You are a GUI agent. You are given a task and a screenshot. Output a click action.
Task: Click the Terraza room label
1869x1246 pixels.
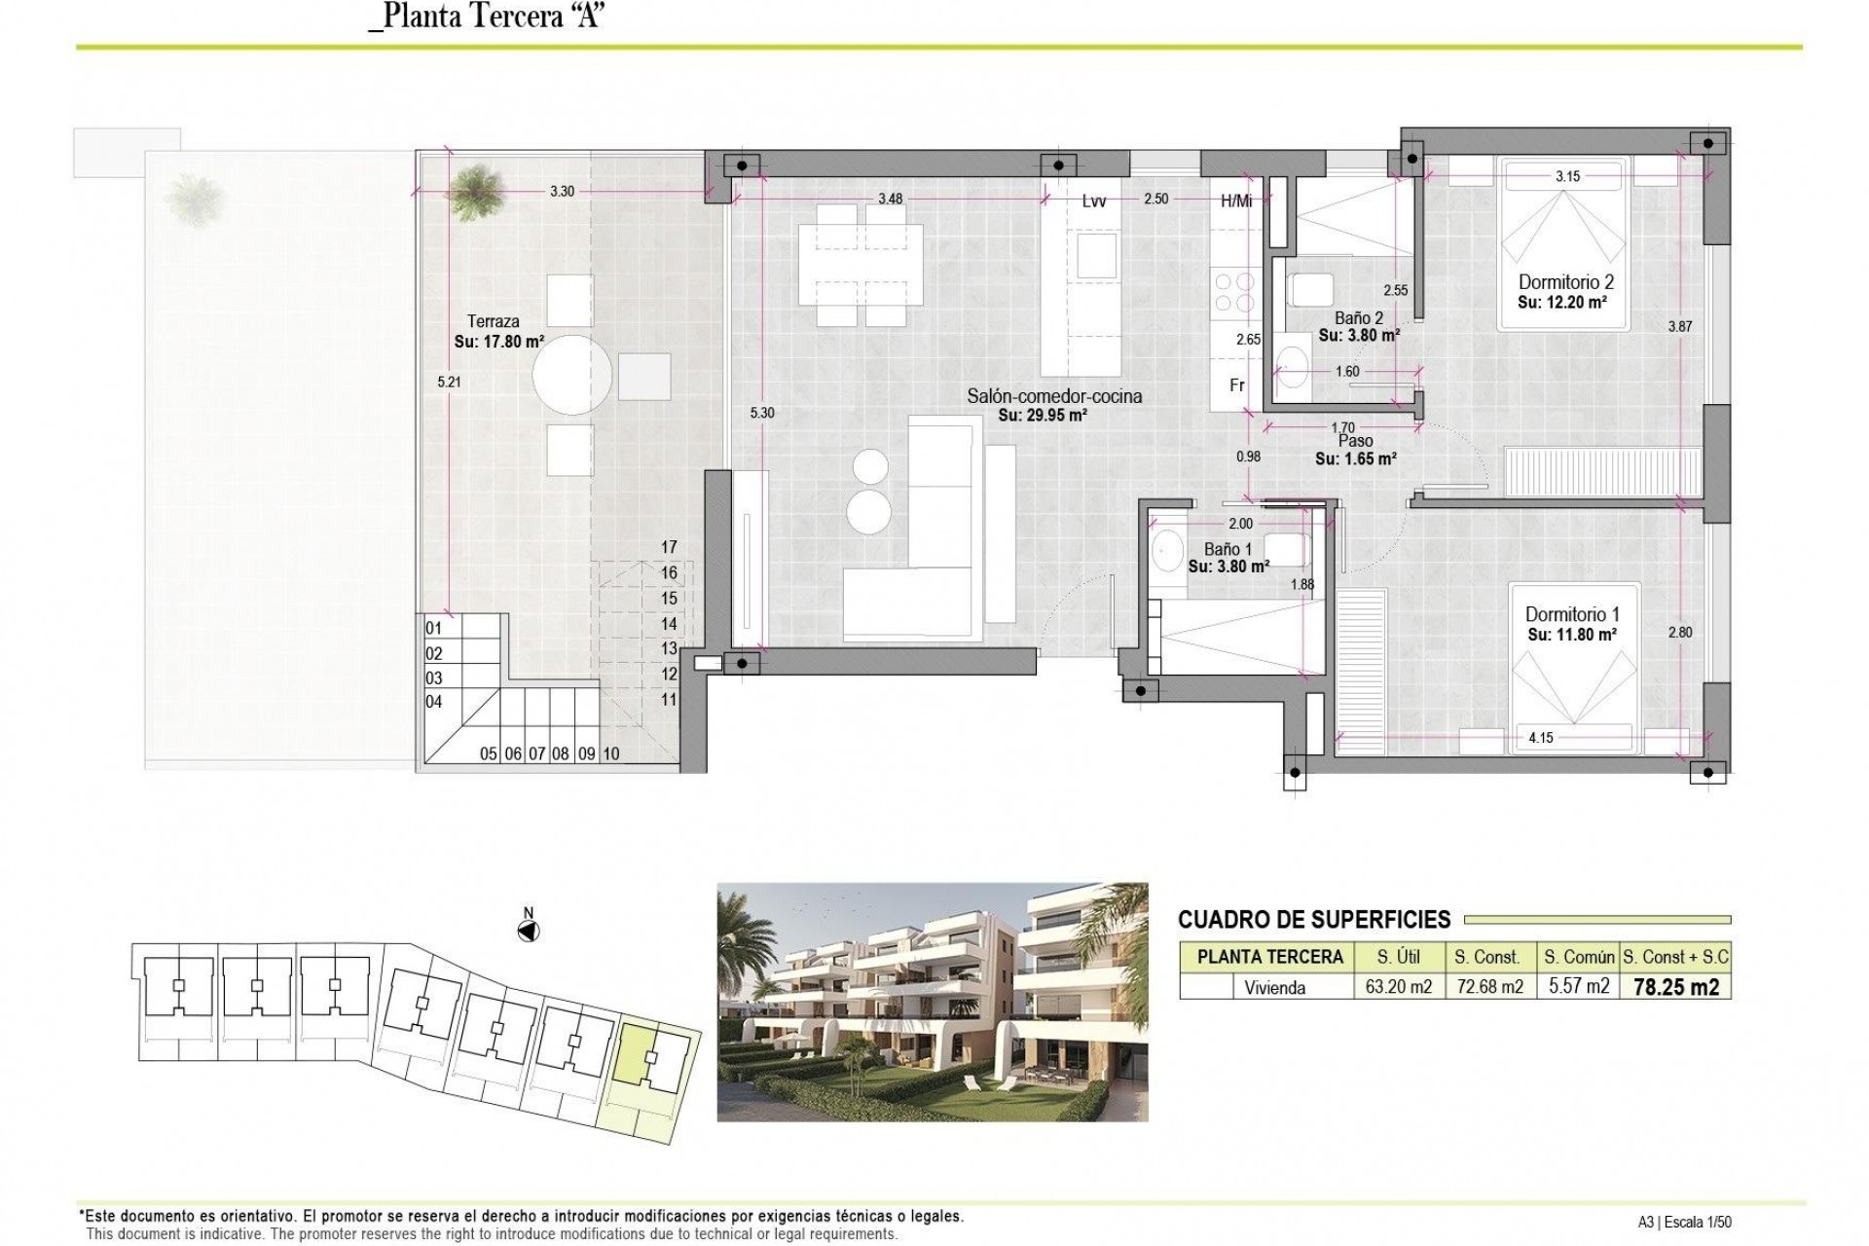tap(493, 321)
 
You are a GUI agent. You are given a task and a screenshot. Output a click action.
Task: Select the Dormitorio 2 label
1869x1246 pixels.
tap(1566, 282)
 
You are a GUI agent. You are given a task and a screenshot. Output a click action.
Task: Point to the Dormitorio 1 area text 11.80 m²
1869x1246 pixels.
tap(1572, 635)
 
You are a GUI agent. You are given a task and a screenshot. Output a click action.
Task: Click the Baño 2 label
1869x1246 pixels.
tap(1359, 318)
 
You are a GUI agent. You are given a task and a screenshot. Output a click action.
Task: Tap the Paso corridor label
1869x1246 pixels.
tap(1356, 442)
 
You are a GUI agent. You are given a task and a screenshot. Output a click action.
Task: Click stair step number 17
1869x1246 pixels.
tap(669, 547)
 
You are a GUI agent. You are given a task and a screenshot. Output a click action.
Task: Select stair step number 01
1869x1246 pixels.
tap(434, 629)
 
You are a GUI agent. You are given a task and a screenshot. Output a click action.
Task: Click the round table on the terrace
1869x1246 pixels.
tap(573, 375)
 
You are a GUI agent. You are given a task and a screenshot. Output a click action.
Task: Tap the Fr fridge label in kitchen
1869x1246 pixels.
tap(1237, 385)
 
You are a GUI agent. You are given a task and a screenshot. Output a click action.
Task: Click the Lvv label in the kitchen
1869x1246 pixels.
tap(1094, 202)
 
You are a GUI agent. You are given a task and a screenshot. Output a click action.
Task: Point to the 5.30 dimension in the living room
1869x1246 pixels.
tap(762, 413)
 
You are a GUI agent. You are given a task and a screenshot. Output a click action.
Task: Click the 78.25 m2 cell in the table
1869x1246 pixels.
tap(1675, 987)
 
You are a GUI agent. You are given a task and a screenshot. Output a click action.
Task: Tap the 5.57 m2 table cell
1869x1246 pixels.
tap(1578, 987)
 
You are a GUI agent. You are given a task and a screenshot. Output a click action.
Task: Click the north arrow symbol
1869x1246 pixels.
tap(529, 932)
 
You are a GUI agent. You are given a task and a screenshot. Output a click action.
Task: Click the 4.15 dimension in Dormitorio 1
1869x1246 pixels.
tap(1541, 738)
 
